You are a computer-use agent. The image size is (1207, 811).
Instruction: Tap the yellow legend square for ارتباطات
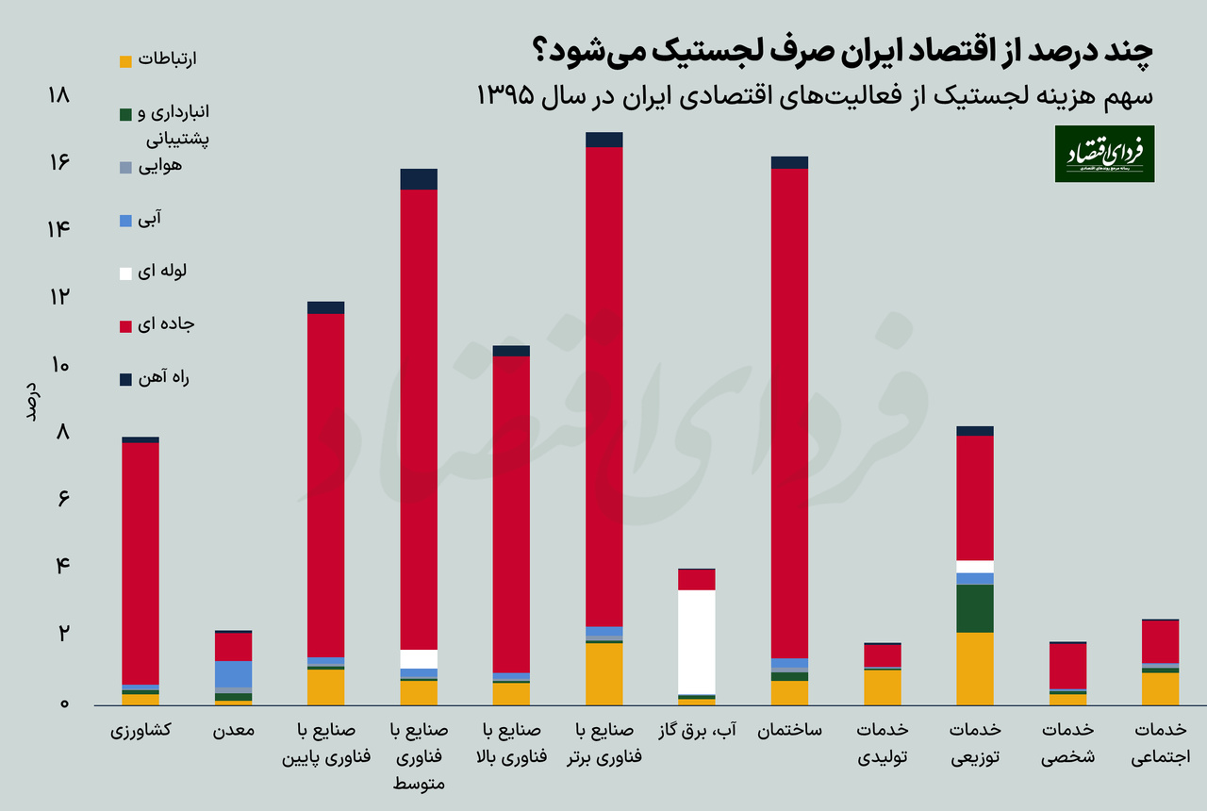125,62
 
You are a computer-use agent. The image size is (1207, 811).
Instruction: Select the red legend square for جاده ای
125,326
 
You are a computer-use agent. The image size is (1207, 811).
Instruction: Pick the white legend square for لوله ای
125,273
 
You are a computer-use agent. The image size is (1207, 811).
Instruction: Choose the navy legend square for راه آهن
125,379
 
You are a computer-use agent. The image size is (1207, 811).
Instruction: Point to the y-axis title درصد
30,402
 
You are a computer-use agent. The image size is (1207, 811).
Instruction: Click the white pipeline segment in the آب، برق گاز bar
697,641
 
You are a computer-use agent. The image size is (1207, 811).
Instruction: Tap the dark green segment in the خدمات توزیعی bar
974,608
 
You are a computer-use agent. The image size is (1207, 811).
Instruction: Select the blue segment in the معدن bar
233,673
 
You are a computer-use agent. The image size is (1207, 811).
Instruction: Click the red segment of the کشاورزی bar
141,562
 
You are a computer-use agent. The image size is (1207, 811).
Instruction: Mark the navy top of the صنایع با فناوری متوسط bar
419,179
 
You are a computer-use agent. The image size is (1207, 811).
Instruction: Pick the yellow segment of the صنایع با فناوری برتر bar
603,673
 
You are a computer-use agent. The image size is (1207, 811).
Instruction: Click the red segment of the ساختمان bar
789,413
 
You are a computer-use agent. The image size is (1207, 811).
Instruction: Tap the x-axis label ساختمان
789,732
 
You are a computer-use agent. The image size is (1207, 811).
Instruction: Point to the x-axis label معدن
233,732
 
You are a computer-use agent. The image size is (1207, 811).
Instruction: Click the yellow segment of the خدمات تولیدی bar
883,687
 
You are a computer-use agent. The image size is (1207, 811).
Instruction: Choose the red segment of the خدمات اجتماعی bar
1160,641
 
